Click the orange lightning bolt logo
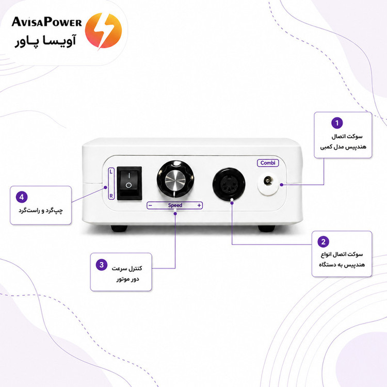pos(103,30)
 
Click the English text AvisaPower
pos(46,22)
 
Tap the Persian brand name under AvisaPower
pos(45,41)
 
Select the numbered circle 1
pos(337,123)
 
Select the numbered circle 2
pos(324,241)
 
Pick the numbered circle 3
pos(102,265)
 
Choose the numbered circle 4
pos(22,197)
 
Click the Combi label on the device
pos(268,163)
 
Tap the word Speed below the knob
pos(175,205)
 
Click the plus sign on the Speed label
pos(199,205)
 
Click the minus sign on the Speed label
pos(150,205)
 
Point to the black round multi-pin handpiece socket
pos(229,184)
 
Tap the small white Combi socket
pos(268,183)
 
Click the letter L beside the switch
pos(111,171)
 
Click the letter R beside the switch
pos(111,196)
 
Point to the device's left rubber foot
pos(119,228)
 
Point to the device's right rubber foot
pos(267,228)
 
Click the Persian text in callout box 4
pos(41,211)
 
